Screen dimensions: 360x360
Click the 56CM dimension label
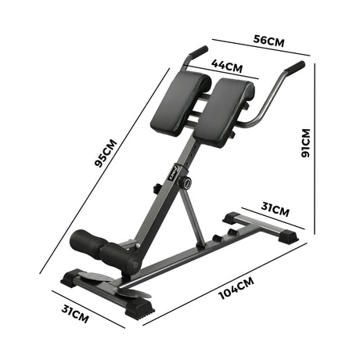tap(268, 41)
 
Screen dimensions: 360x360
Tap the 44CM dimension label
tap(227, 66)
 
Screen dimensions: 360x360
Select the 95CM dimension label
tap(106, 153)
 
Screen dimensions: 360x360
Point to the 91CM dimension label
tap(306, 143)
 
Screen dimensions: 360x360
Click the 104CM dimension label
tap(236, 288)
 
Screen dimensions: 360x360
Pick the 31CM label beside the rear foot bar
tap(275, 210)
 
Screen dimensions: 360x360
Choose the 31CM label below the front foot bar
tap(75, 314)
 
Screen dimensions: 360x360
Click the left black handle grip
tap(199, 52)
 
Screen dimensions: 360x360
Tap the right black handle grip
tap(295, 67)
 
